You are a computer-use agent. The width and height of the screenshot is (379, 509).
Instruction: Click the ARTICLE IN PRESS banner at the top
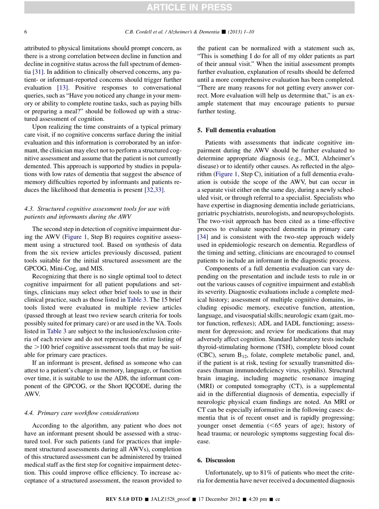click(189, 7)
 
